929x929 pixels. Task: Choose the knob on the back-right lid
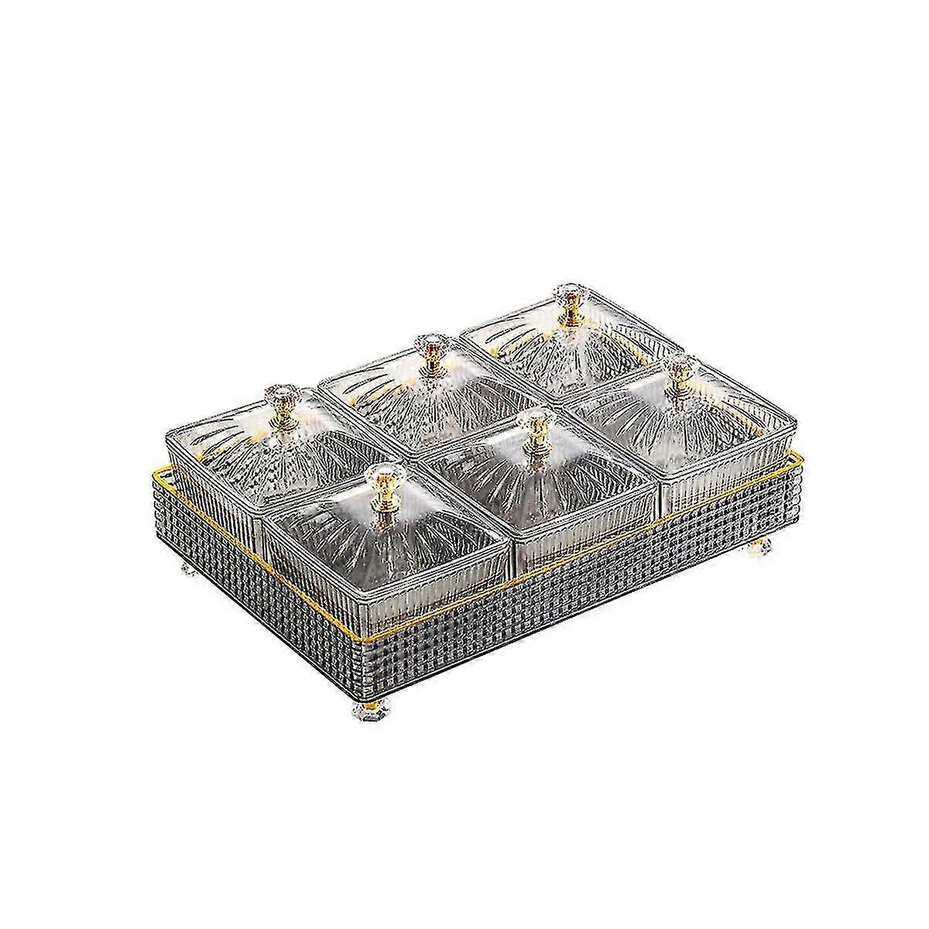pos(567,300)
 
